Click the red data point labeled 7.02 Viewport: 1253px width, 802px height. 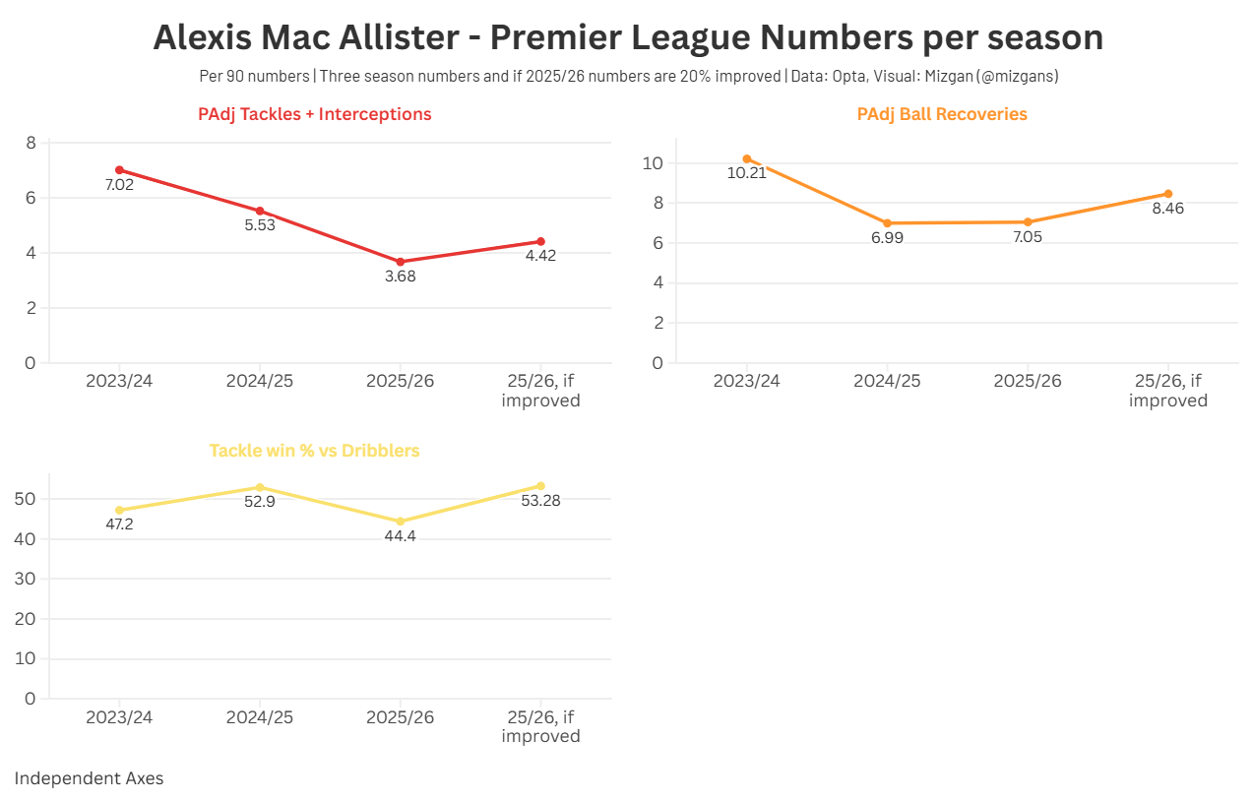click(x=119, y=170)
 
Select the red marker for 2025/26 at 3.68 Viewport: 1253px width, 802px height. click(x=400, y=262)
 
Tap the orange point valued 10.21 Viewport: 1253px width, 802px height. click(x=747, y=158)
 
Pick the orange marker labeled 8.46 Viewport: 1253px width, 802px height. click(x=1168, y=194)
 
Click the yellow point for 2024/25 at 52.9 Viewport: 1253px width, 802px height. click(x=260, y=487)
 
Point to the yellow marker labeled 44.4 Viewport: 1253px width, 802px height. click(x=400, y=522)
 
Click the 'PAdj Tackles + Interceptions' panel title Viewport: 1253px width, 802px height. click(x=315, y=114)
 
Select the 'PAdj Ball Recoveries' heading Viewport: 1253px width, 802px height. click(x=942, y=114)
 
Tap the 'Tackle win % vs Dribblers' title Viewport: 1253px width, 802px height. click(x=315, y=451)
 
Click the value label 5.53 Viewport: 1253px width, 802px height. click(x=260, y=225)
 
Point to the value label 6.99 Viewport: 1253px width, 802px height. click(x=887, y=238)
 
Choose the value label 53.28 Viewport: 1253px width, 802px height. click(x=540, y=501)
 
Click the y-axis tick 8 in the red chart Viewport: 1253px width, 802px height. click(x=31, y=143)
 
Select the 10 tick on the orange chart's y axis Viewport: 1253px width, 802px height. click(x=652, y=163)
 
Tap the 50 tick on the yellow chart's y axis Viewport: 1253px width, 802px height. click(x=26, y=499)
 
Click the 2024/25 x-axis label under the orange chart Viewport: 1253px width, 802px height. click(x=887, y=381)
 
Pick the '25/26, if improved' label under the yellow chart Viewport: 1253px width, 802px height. click(x=540, y=726)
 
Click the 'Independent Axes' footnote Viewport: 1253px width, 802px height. click(x=89, y=778)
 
